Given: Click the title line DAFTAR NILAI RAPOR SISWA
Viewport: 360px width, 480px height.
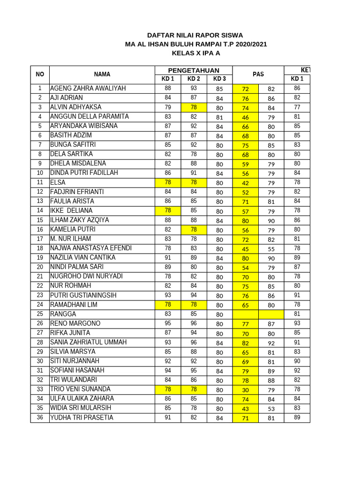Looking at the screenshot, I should (x=195, y=35).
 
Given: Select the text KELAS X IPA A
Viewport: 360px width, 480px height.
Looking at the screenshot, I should (x=195, y=53).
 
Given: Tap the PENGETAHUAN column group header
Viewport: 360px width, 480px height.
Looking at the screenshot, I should (x=194, y=70).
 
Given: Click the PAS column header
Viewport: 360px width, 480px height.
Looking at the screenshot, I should (x=258, y=74).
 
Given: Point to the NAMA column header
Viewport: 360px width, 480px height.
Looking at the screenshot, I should (x=102, y=74).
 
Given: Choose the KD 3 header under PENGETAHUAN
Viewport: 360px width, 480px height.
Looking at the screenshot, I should (x=219, y=79).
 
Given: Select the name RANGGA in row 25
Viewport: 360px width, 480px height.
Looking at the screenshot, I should (x=63, y=314).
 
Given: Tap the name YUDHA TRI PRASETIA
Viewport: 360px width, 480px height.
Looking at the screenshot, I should (x=82, y=418).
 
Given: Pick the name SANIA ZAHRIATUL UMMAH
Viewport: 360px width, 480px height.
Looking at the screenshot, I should (x=88, y=342).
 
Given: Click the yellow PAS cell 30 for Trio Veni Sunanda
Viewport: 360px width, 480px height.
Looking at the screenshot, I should (x=245, y=390).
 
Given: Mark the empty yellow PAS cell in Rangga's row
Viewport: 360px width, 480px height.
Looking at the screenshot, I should (x=258, y=314).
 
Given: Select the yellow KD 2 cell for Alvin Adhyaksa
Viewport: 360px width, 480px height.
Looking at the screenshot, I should (x=194, y=107).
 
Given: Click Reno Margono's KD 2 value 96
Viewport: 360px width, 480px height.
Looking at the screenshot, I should (x=194, y=323).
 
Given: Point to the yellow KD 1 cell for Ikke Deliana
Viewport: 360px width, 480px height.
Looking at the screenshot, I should (x=168, y=210).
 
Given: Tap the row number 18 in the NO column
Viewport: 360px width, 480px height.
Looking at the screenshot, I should (x=40, y=248).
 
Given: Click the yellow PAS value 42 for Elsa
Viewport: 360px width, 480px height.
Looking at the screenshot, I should (x=245, y=182).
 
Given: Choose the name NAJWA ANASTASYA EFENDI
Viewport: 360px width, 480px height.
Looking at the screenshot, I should (x=91, y=248).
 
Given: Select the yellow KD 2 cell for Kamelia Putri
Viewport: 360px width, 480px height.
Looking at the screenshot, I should (x=194, y=229).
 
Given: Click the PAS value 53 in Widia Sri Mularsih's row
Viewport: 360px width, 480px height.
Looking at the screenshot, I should (x=271, y=408).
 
